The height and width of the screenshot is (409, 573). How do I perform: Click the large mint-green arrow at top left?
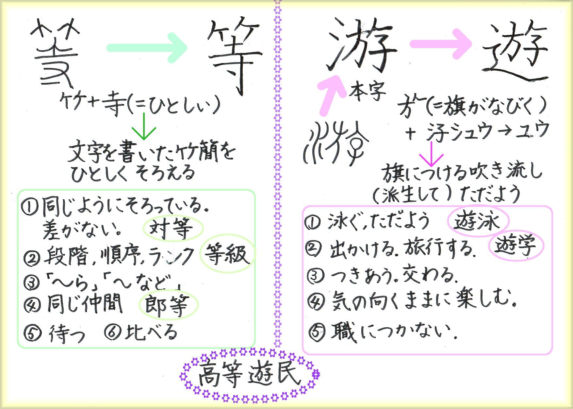pyautogui.click(x=147, y=48)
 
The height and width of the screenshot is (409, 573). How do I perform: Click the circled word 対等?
pyautogui.click(x=173, y=229)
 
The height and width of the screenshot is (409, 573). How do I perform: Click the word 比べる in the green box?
pyautogui.click(x=151, y=332)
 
